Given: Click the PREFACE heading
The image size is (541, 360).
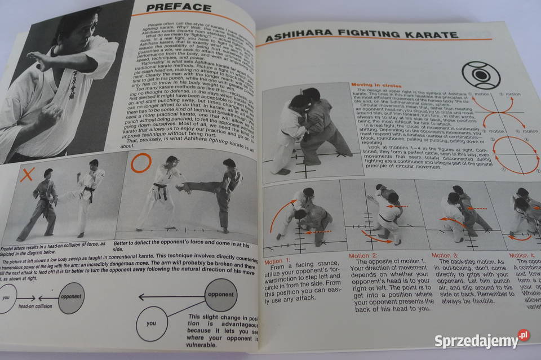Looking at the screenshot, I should point(179,7).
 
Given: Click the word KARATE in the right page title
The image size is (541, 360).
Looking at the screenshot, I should point(429,35).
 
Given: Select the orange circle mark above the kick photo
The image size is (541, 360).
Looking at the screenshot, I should point(141,163).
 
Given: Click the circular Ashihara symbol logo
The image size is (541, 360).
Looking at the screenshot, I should point(481,75).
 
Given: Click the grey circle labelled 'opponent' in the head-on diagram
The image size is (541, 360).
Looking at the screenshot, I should point(71,298).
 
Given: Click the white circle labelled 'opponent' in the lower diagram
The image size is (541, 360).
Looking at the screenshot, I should point(220,295).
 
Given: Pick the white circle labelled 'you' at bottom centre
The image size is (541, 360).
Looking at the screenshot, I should point(152,323).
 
